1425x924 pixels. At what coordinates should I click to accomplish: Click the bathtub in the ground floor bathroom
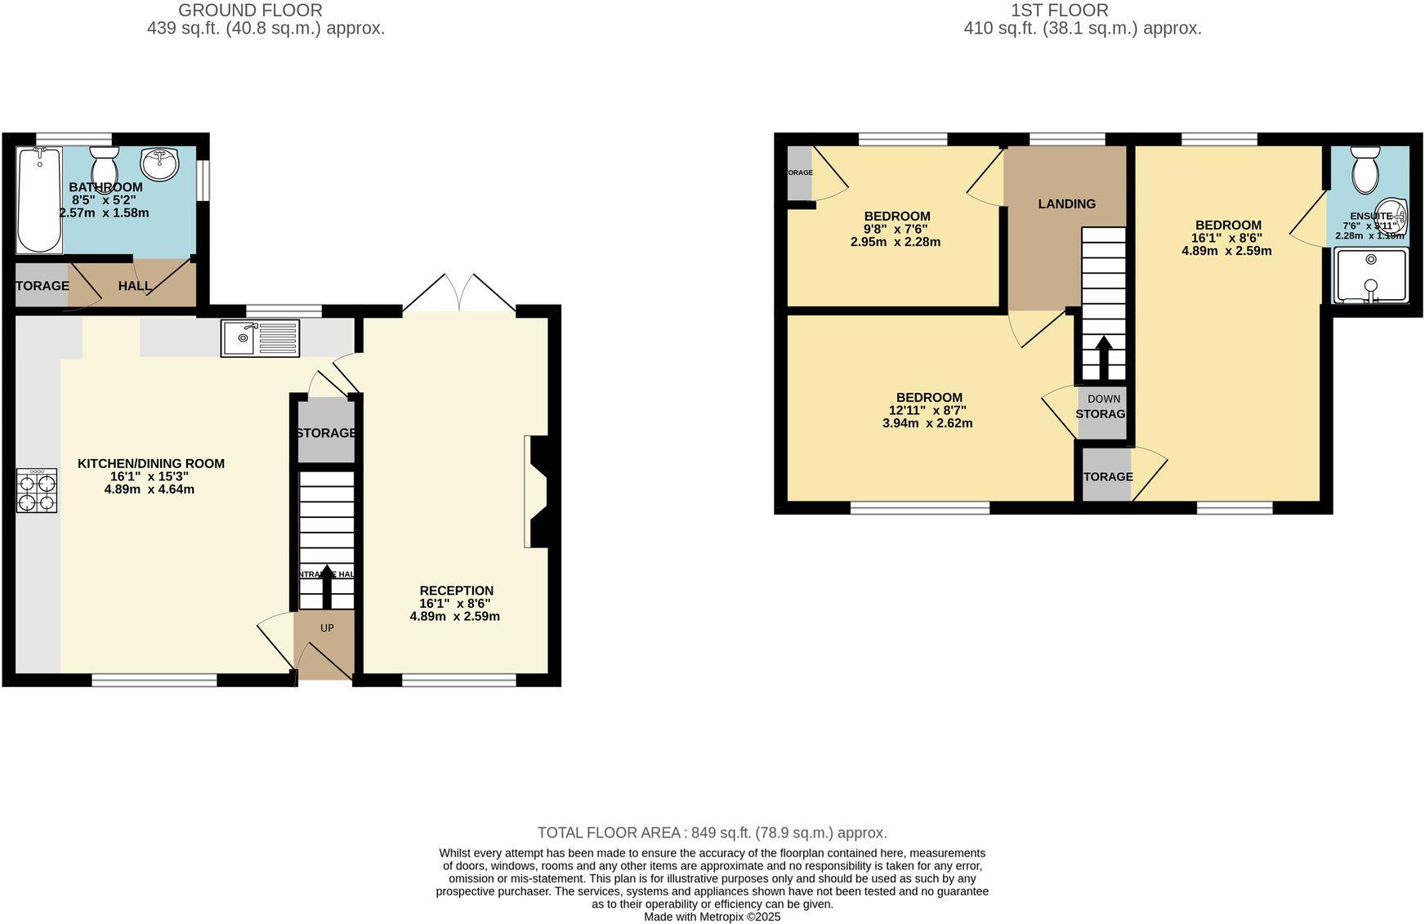tap(39, 200)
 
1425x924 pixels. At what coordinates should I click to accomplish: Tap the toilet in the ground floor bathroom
tap(105, 167)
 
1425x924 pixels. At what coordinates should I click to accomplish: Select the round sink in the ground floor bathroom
tap(160, 163)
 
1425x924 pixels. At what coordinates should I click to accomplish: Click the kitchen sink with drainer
tap(260, 338)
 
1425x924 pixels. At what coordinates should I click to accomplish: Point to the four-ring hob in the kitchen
tap(37, 490)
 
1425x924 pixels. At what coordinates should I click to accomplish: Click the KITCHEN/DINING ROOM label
tap(151, 463)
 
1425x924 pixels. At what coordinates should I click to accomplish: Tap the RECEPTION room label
tap(456, 590)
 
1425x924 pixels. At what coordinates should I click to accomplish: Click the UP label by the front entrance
tap(327, 628)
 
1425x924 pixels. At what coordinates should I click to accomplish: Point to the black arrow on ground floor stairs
tap(327, 584)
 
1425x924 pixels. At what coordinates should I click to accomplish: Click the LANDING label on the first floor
tap(1066, 203)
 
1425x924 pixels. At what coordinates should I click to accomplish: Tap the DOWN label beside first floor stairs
tap(1104, 399)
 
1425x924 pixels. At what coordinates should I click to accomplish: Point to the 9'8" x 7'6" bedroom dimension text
tap(896, 229)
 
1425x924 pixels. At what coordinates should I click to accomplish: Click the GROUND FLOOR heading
tap(250, 11)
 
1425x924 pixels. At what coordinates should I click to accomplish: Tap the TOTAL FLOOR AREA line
tap(712, 832)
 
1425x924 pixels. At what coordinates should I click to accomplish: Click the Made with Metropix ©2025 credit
tap(712, 917)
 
